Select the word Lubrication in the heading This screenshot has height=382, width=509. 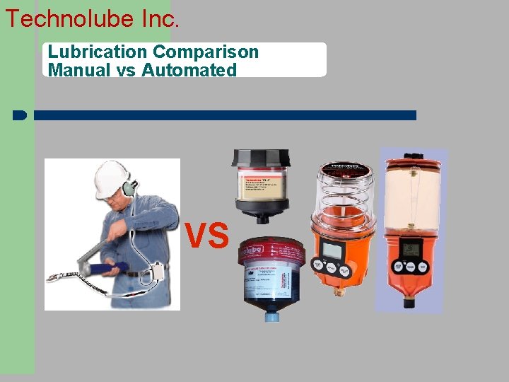tap(98, 52)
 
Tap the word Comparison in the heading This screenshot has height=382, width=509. tap(206, 52)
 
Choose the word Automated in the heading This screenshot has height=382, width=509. tap(189, 70)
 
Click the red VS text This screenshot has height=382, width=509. tap(207, 235)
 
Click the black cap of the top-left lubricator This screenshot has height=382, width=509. tap(261, 158)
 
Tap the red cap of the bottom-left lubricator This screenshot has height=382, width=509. tap(272, 250)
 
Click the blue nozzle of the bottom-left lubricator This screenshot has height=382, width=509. tap(272, 316)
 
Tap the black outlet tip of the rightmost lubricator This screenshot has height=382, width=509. tap(409, 302)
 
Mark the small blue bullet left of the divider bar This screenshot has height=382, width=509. tap(20, 115)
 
